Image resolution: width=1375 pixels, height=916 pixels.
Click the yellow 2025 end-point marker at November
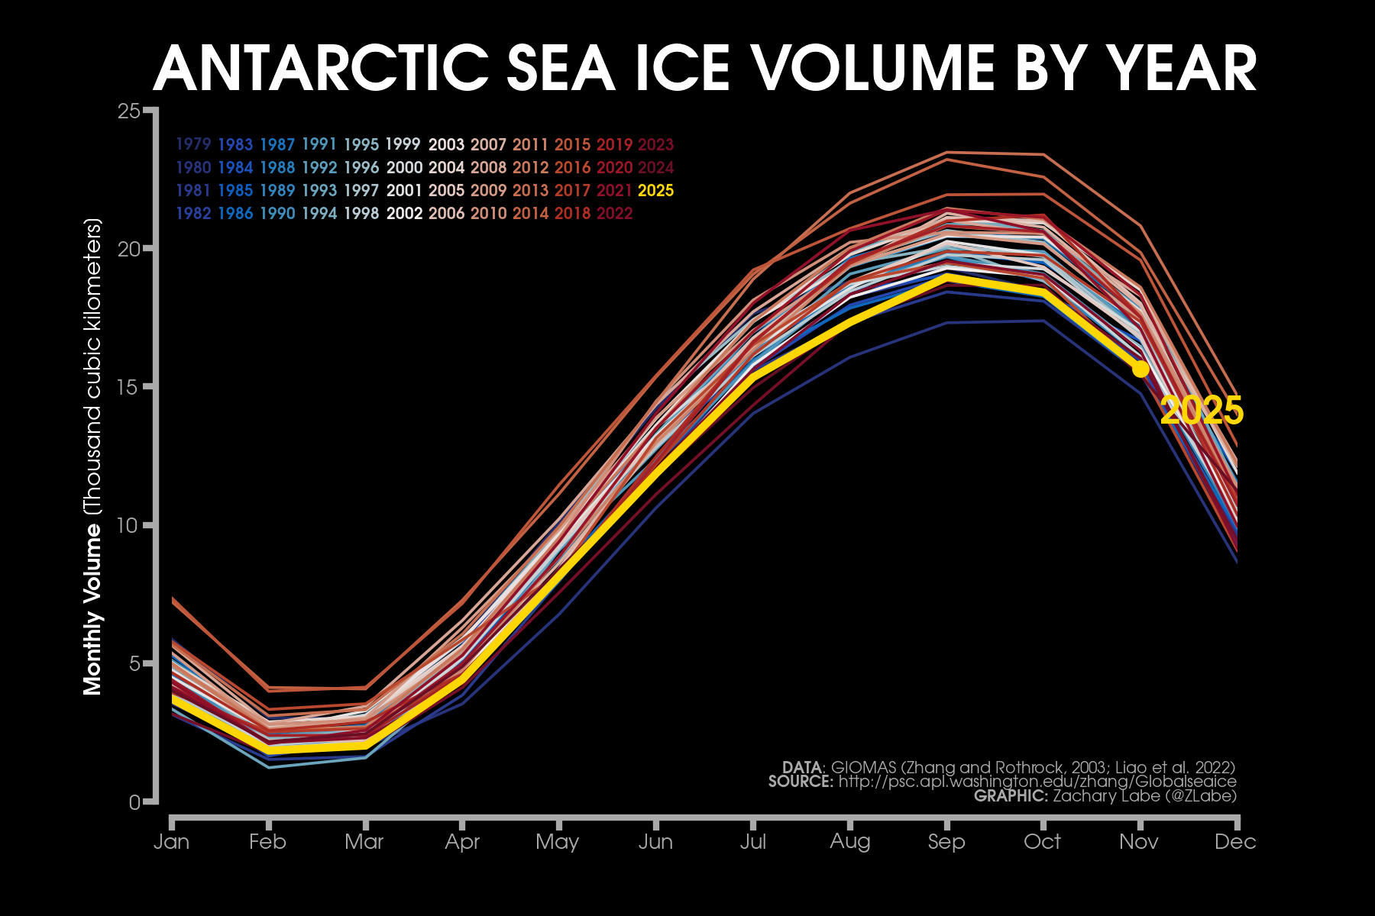[x=1140, y=369]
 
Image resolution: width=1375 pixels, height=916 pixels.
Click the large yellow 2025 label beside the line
[x=1202, y=411]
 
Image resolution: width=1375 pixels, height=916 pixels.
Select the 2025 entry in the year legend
[x=655, y=190]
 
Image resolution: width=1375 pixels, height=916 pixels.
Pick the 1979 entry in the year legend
[x=193, y=144]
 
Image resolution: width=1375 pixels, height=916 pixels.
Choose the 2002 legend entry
[x=404, y=213]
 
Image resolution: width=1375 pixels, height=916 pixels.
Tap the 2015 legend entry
[x=572, y=144]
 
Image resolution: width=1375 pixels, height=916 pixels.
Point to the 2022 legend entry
[x=614, y=213]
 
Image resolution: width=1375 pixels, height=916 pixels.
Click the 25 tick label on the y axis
[x=130, y=111]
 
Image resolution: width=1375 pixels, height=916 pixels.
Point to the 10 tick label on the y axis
[x=130, y=526]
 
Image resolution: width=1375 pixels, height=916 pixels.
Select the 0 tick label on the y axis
[x=135, y=802]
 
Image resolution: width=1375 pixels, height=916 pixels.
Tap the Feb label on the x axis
[x=267, y=841]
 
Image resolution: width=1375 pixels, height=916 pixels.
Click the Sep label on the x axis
[x=946, y=841]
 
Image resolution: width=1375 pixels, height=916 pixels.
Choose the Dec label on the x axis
[x=1235, y=841]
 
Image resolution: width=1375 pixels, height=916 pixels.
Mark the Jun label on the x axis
[x=655, y=841]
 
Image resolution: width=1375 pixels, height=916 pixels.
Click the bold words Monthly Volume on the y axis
[x=92, y=607]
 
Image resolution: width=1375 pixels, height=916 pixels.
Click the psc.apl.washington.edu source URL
[x=1037, y=782]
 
